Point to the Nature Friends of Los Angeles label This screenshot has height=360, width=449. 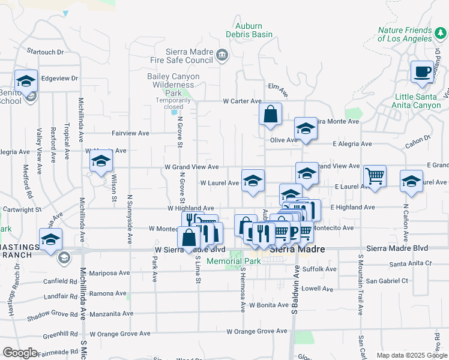[x=405, y=34]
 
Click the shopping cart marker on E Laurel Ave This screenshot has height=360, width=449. [x=375, y=176]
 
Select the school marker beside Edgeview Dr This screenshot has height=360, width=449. [x=26, y=81]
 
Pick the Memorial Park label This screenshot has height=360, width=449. [x=233, y=262]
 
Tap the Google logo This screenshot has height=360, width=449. [x=20, y=353]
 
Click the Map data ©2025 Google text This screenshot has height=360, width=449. [x=412, y=355]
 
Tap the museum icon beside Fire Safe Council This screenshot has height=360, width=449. [x=222, y=56]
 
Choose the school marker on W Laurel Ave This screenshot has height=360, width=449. [x=253, y=181]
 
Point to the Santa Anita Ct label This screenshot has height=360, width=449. [x=411, y=263]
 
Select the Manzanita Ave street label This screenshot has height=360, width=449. [x=111, y=313]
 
